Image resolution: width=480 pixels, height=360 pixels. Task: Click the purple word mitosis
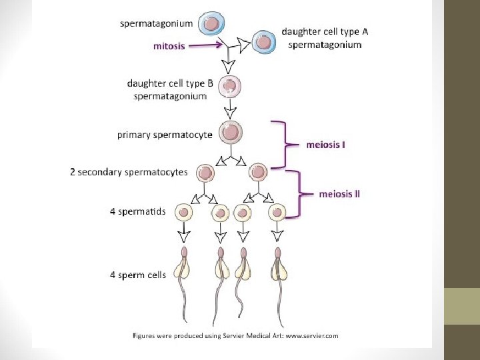click(x=169, y=46)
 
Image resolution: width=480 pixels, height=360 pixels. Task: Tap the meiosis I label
click(x=325, y=143)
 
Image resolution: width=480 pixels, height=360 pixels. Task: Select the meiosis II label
click(x=339, y=194)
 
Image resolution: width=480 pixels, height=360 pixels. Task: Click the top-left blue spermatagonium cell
click(x=211, y=24)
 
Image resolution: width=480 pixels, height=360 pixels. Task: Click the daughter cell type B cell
click(x=230, y=86)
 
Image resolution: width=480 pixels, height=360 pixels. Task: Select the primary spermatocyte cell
click(x=230, y=132)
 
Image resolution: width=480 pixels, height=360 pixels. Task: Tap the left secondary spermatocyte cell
click(x=205, y=173)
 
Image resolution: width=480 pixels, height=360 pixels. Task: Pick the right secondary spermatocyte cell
click(x=257, y=173)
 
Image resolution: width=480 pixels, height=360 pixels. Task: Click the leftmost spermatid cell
click(x=183, y=213)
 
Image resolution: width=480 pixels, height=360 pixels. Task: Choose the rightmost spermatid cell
click(x=277, y=213)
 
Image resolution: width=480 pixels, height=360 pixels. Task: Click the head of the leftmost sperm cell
click(x=184, y=254)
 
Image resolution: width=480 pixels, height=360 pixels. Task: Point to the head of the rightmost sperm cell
click(x=277, y=254)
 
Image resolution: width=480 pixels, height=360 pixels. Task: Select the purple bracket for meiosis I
click(x=285, y=143)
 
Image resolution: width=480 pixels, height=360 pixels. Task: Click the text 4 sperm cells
click(x=137, y=274)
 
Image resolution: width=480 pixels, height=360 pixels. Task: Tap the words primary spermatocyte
click(x=165, y=135)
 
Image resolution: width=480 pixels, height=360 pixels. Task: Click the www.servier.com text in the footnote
click(x=313, y=336)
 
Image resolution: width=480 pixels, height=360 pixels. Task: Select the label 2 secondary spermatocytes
click(x=129, y=172)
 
